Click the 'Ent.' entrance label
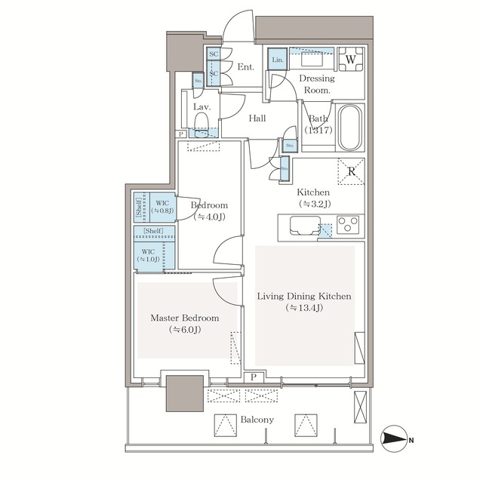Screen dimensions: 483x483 [246, 67]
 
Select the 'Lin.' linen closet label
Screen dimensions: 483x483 [277, 60]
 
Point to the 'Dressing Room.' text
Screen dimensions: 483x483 [317, 84]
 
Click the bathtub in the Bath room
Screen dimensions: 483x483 [349, 128]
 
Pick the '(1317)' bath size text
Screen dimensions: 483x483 [318, 131]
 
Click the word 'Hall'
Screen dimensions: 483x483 [258, 118]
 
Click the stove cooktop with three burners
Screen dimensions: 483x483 [349, 224]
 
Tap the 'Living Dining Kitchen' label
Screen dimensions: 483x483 [304, 296]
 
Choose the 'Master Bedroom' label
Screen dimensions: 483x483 [184, 318]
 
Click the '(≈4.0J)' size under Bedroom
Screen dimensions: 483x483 [209, 217]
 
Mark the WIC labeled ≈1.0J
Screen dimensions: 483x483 [147, 254]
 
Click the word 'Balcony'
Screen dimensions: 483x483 [258, 420]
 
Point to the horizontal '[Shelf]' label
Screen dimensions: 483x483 [154, 232]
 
